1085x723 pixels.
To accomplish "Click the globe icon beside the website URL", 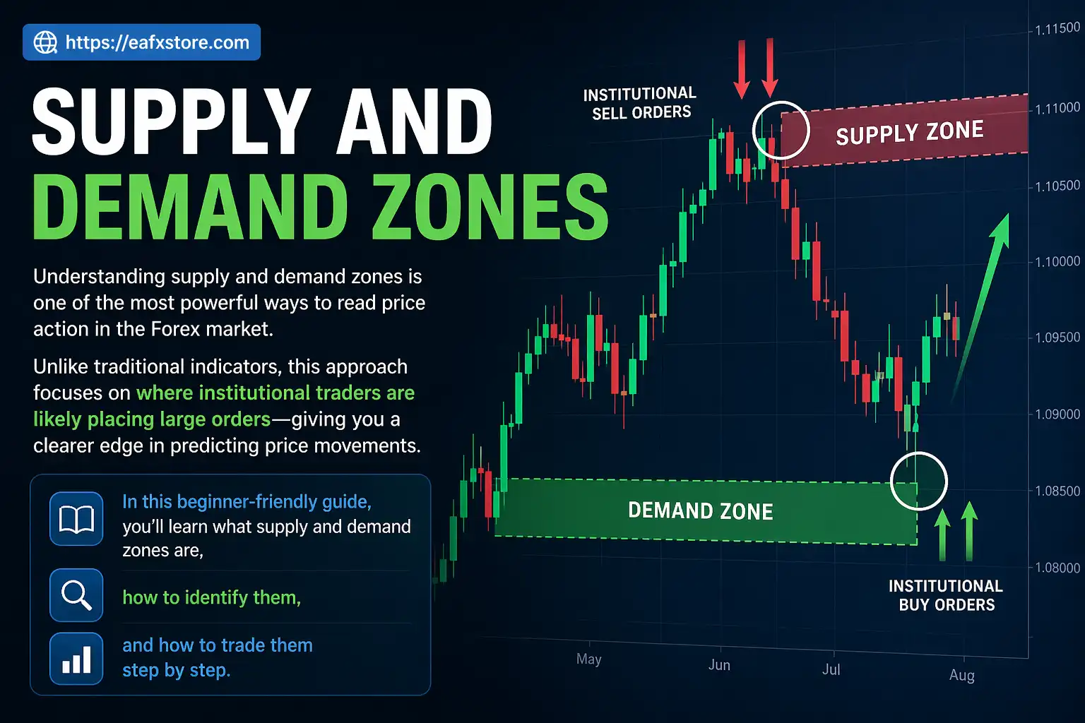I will tap(46, 42).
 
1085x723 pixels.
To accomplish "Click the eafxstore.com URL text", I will tap(157, 42).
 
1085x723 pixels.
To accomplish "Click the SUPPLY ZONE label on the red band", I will tap(909, 132).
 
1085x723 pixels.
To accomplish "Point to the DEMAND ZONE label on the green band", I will tap(700, 510).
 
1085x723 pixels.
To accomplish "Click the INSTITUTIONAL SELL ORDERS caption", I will tap(640, 103).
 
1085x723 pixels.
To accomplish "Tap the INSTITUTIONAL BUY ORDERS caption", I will tap(946, 595).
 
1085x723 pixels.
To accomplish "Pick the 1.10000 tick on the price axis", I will tap(1057, 262).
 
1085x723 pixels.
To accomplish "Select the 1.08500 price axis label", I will tap(1057, 491).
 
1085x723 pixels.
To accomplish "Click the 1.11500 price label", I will tap(1057, 29).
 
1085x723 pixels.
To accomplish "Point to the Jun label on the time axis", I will tap(719, 665).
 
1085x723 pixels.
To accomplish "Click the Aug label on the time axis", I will tap(961, 675).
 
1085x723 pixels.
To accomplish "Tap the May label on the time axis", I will tap(588, 659).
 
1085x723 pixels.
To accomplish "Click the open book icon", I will tap(76, 519).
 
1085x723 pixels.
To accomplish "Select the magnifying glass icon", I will tap(76, 595).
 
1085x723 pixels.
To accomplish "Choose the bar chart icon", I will tap(76, 659).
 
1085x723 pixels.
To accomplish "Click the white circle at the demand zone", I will tap(918, 482).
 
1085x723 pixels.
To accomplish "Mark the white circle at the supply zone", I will tap(781, 130).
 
